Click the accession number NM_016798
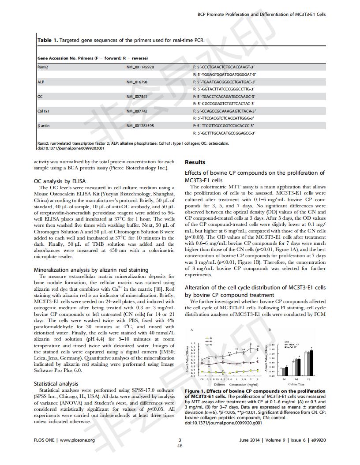pos(137,82)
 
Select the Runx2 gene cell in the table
pos(43,67)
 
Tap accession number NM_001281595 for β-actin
pos(140,126)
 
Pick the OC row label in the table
pos(40,97)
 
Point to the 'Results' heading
pos(195,162)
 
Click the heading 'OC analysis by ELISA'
pos(60,181)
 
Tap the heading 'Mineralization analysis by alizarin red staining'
pos(91,270)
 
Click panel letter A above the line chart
pos(191,330)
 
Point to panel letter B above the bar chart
pos(270,330)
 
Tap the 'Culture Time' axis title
pos(297,385)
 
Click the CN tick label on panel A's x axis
pos(202,379)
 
